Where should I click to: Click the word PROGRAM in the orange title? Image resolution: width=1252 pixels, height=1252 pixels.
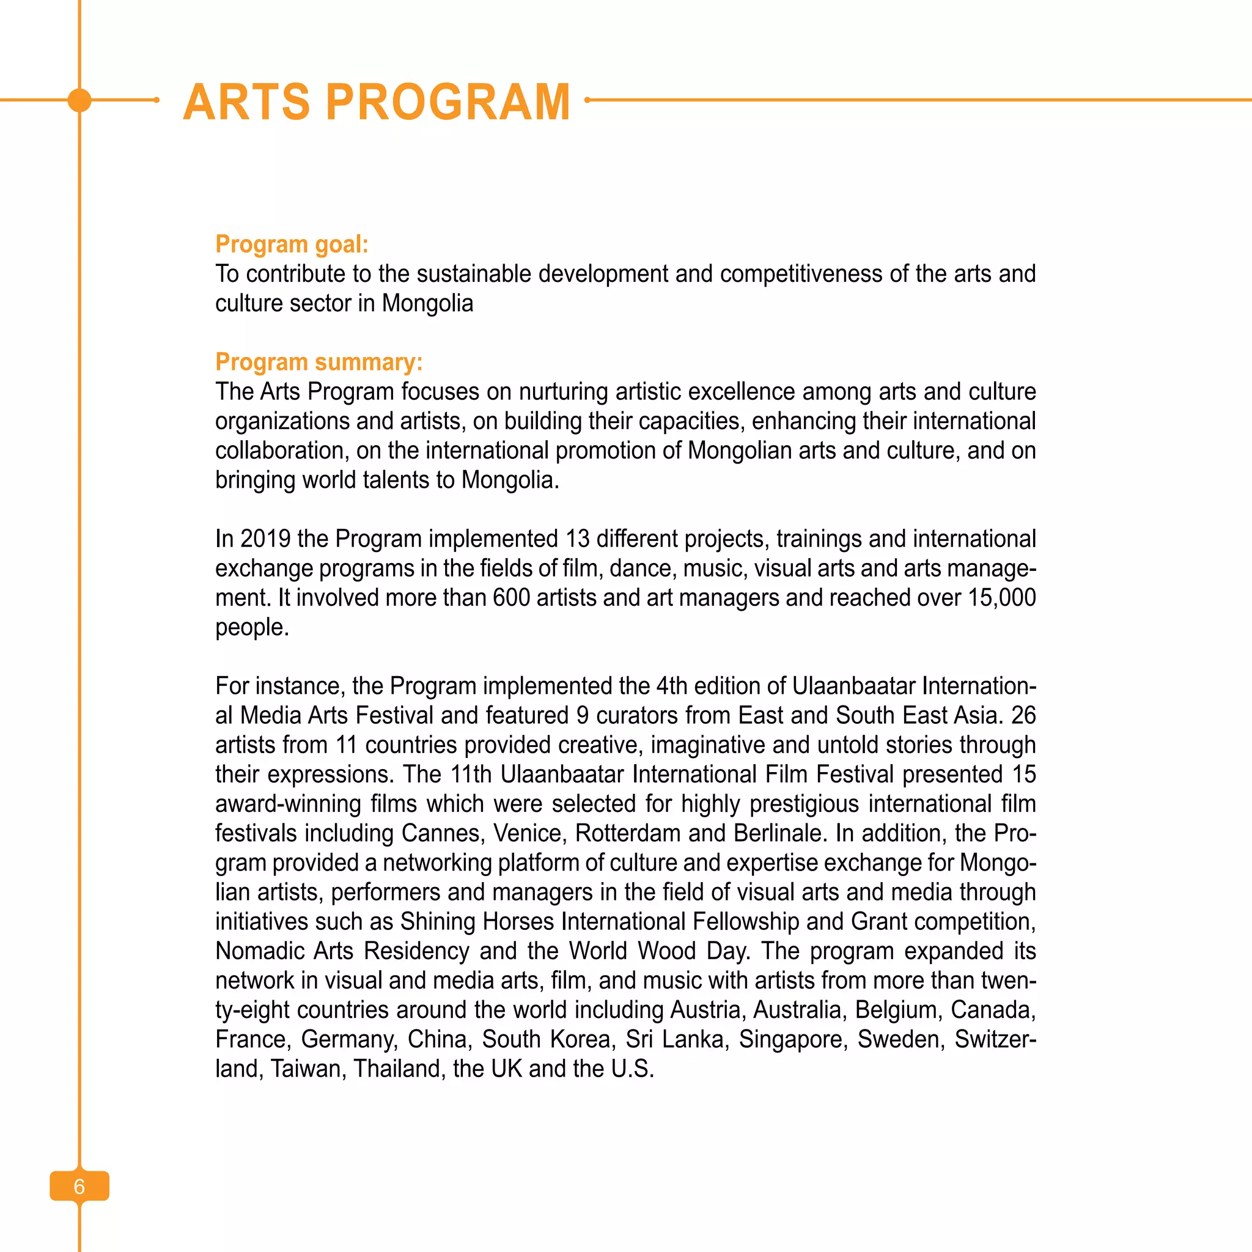click(x=447, y=101)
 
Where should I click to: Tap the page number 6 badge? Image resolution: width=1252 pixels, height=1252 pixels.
click(x=79, y=1186)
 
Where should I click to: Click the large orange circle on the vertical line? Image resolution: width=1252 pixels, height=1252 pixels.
click(x=79, y=100)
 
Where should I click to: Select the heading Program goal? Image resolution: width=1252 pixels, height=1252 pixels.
click(x=292, y=245)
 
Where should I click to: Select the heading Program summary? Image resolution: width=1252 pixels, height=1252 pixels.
click(x=319, y=362)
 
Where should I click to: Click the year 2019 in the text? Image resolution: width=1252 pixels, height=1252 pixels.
click(x=265, y=539)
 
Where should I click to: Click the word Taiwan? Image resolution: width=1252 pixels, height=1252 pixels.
click(x=307, y=1068)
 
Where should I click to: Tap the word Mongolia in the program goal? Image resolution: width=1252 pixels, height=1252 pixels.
click(x=427, y=303)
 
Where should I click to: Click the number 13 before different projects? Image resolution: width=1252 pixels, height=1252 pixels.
click(x=577, y=539)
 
